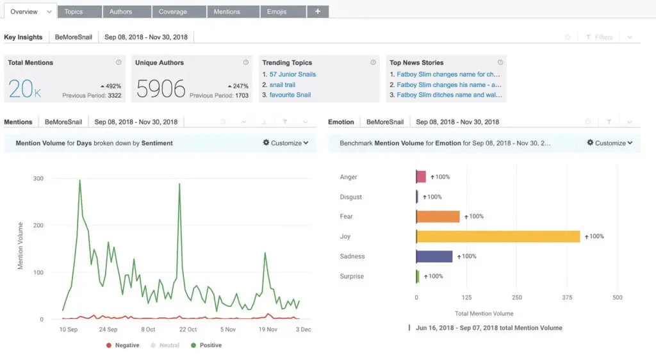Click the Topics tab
coord(74,12)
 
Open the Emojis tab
coord(277,12)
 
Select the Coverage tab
coord(173,12)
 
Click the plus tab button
coord(317,12)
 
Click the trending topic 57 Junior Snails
coord(292,74)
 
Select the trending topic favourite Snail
coord(290,95)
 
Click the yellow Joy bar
coord(498,236)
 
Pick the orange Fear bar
coord(438,217)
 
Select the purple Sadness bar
coord(434,256)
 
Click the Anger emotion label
coord(348,177)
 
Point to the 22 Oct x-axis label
coord(188,329)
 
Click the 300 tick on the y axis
coord(38,178)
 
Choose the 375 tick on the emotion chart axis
coord(567,297)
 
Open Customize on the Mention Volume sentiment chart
coord(286,143)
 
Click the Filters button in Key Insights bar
coord(600,37)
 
